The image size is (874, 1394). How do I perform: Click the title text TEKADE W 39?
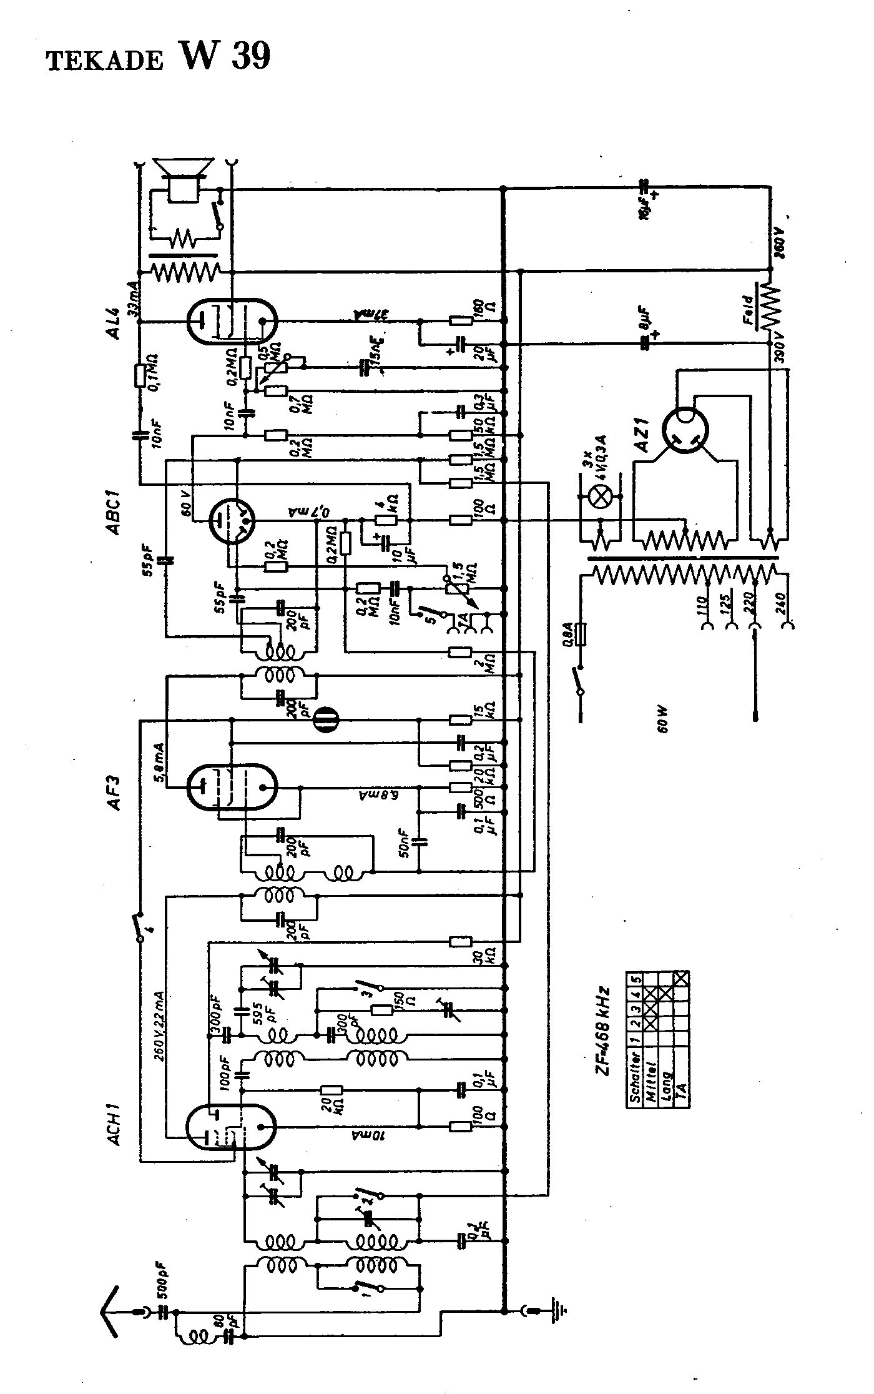pos(159,57)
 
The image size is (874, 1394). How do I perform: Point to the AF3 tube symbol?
pos(232,787)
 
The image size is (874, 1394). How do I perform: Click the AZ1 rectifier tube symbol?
pos(685,430)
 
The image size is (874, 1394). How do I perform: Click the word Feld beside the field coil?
pos(749,309)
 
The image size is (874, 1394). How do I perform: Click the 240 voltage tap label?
pos(780,604)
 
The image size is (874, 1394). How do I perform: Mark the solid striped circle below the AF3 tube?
pos(324,719)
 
